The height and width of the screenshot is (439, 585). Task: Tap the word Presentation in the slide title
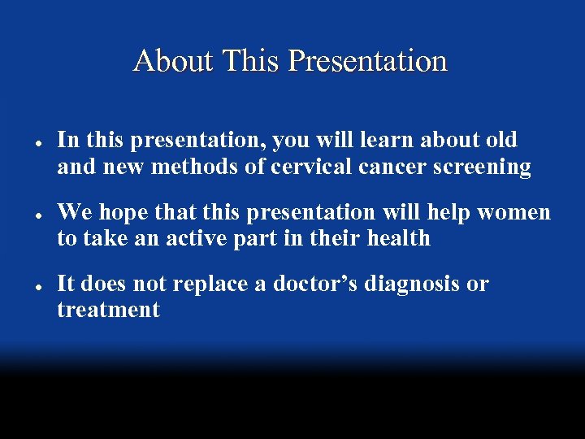click(x=367, y=61)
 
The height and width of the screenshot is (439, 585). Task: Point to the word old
click(x=500, y=140)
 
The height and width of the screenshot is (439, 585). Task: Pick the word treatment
click(x=108, y=310)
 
